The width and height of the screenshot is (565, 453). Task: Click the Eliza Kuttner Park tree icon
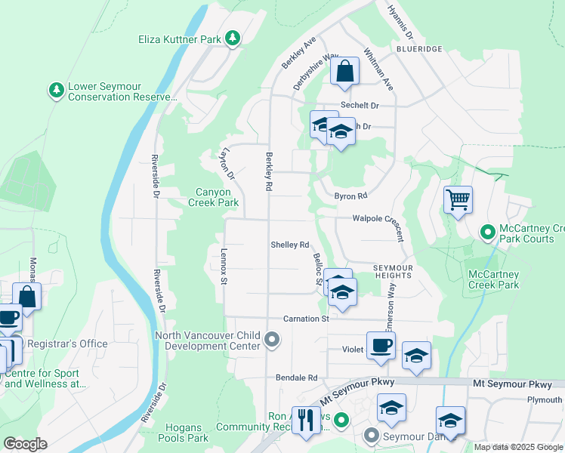(x=233, y=38)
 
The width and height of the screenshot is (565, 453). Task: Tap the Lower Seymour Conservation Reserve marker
(x=56, y=91)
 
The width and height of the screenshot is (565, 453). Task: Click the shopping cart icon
(x=458, y=200)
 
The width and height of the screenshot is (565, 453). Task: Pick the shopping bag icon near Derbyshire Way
(x=344, y=72)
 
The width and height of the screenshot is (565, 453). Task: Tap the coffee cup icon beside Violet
(x=381, y=346)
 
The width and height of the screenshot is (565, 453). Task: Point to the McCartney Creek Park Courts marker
(x=487, y=232)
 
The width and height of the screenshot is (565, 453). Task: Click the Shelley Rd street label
(x=290, y=245)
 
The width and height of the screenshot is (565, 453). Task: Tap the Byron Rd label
(x=350, y=196)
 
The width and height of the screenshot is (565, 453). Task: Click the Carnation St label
(x=306, y=319)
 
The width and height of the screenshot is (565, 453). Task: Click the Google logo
(x=25, y=444)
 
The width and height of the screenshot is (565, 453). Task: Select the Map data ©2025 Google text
(x=518, y=447)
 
